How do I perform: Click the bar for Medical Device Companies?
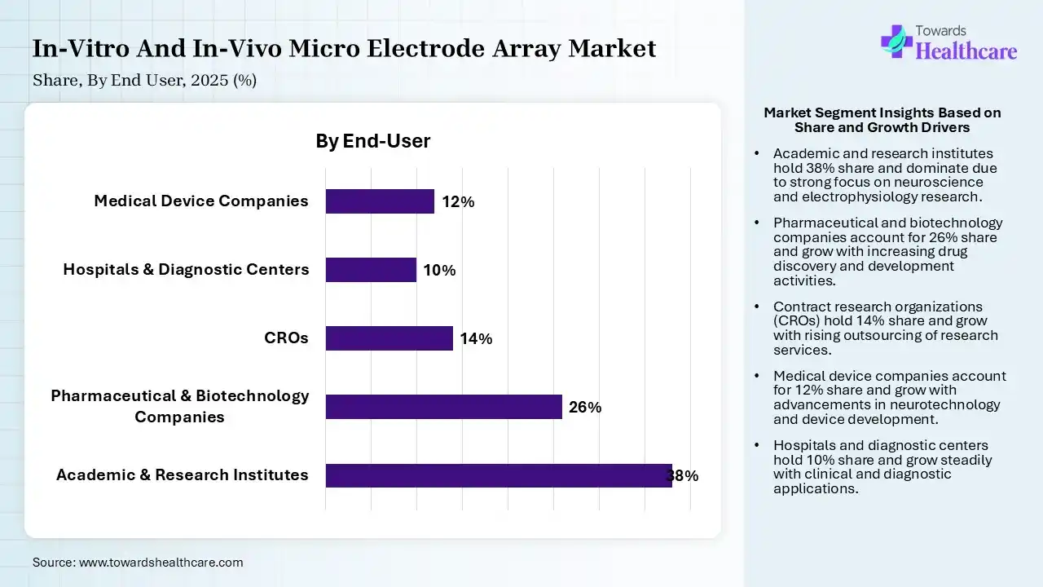380,201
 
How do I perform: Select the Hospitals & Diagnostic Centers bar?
371,270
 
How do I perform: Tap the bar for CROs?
389,338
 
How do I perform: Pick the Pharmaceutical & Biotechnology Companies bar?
443,407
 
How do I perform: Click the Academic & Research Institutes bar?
498,475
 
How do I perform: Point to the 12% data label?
458,202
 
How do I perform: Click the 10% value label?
439,271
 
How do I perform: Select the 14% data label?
476,339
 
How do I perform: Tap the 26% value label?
585,408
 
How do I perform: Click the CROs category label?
287,338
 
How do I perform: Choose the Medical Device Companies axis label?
201,201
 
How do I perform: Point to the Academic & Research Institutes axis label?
183,475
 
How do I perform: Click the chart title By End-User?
373,141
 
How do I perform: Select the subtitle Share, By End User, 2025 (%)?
145,81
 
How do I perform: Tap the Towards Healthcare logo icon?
896,41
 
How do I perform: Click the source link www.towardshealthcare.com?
160,563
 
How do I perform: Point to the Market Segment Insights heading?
882,120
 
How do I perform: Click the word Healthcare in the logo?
966,52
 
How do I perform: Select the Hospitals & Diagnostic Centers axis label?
186,270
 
